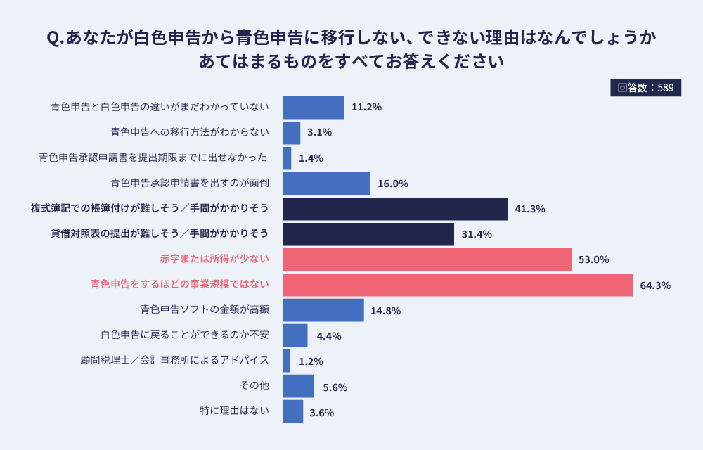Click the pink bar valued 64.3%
[x=458, y=285]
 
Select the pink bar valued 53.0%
[x=427, y=259]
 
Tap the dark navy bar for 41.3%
[x=395, y=209]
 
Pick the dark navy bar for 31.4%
[x=368, y=234]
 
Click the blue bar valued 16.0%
[x=326, y=184]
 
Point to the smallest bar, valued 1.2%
[x=287, y=361]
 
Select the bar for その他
[x=298, y=386]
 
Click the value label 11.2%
[x=366, y=108]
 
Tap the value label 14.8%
[x=385, y=310]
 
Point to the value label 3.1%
[x=319, y=133]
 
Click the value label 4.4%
[x=328, y=336]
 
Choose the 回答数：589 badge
[x=645, y=88]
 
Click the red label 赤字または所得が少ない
[x=214, y=259]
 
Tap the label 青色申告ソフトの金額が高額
[x=205, y=310]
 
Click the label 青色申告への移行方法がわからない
[x=189, y=133]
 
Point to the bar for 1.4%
[x=287, y=158]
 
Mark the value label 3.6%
[x=321, y=413]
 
